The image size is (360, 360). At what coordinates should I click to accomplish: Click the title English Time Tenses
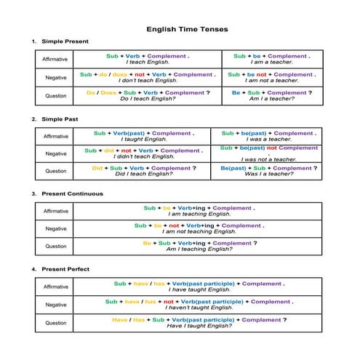(x=187, y=29)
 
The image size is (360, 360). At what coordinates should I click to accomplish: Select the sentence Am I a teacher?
(x=272, y=99)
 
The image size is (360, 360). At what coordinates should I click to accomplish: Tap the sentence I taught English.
(x=144, y=139)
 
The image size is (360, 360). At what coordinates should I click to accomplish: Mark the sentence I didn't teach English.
(x=144, y=156)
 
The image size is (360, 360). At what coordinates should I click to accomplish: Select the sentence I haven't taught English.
(x=199, y=308)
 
